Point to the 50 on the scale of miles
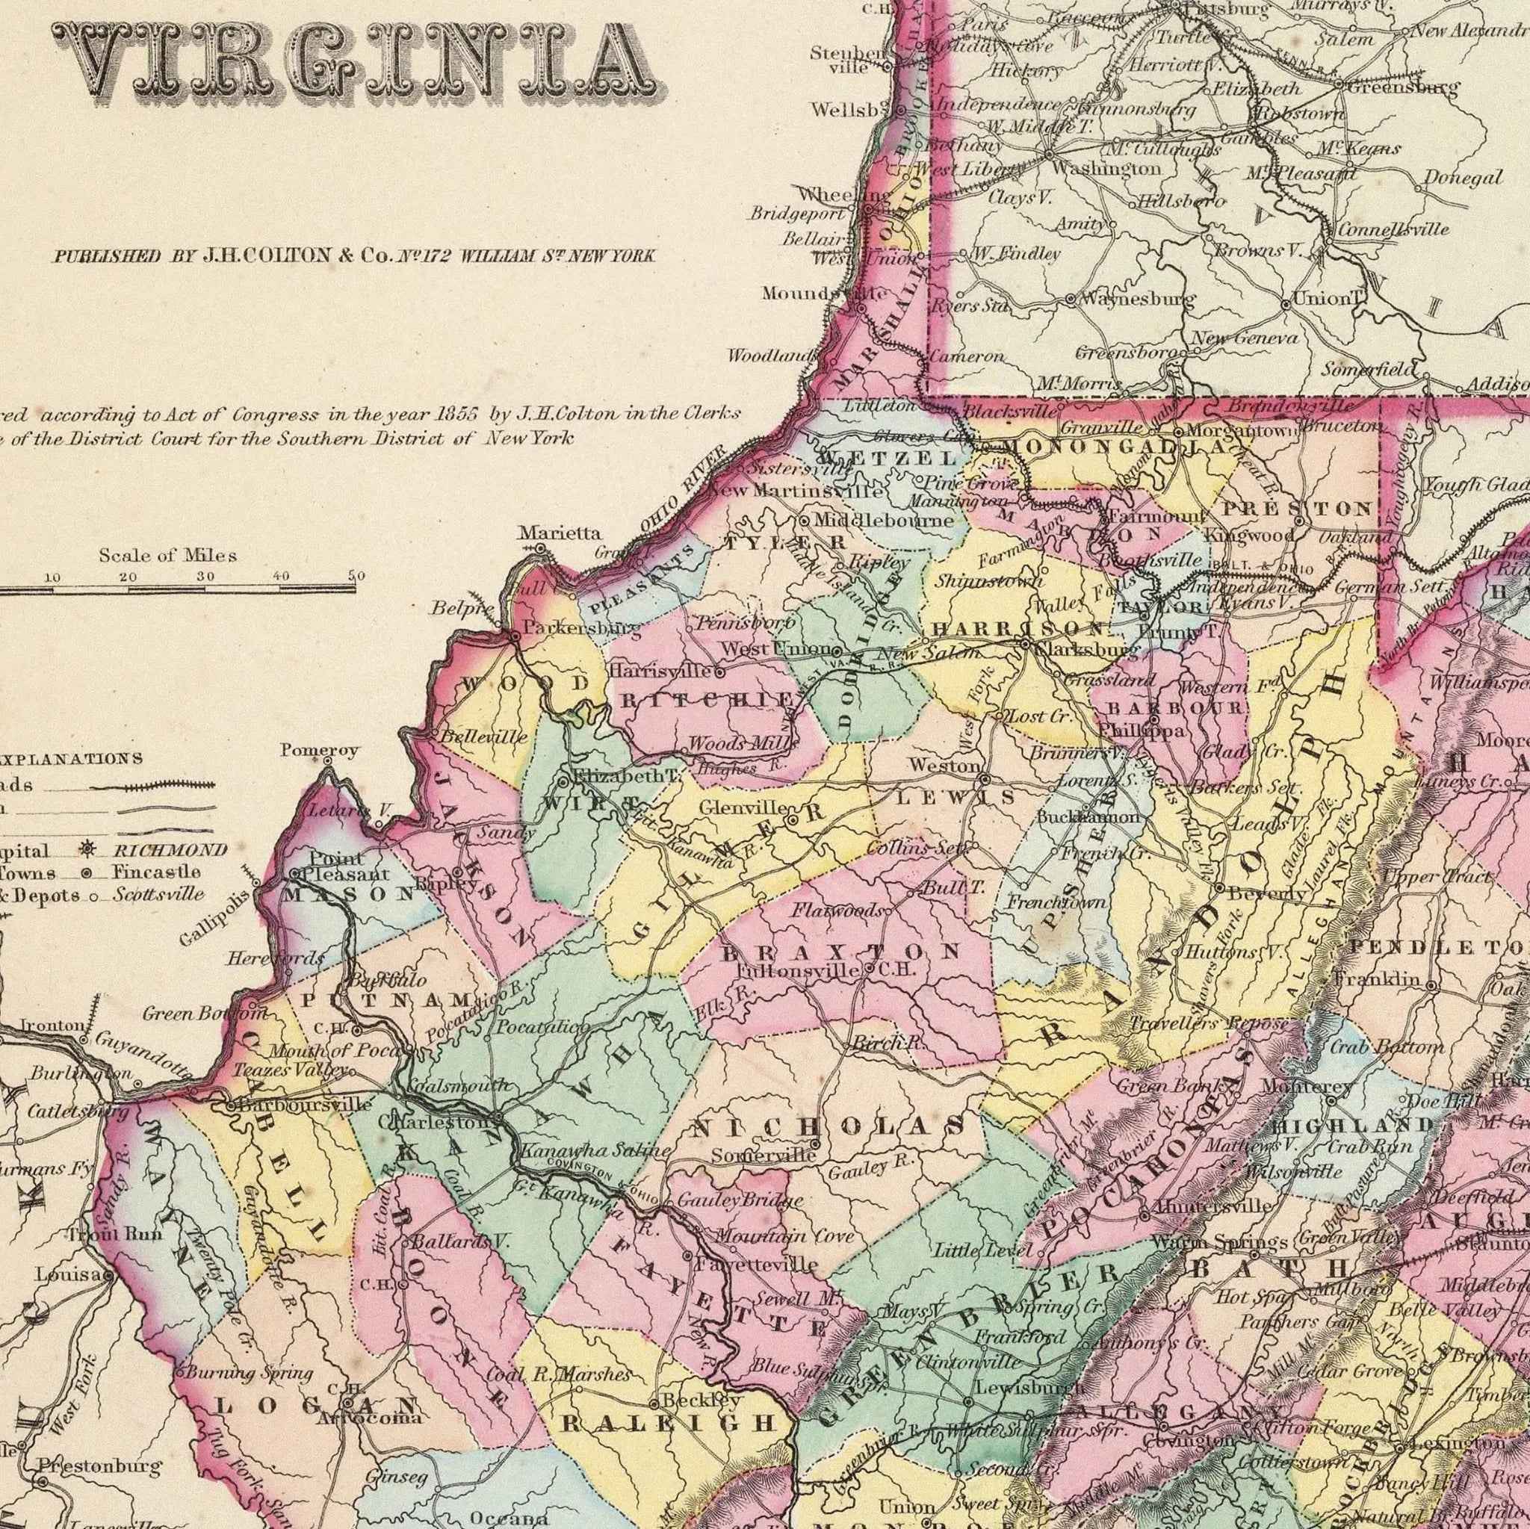pyautogui.click(x=356, y=577)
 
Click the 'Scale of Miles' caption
pyautogui.click(x=167, y=556)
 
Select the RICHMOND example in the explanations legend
pyautogui.click(x=170, y=851)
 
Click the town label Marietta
pyautogui.click(x=549, y=533)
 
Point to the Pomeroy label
pyautogui.click(x=319, y=749)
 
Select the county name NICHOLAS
pyautogui.click(x=829, y=1125)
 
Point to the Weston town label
pyautogui.click(x=945, y=766)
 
